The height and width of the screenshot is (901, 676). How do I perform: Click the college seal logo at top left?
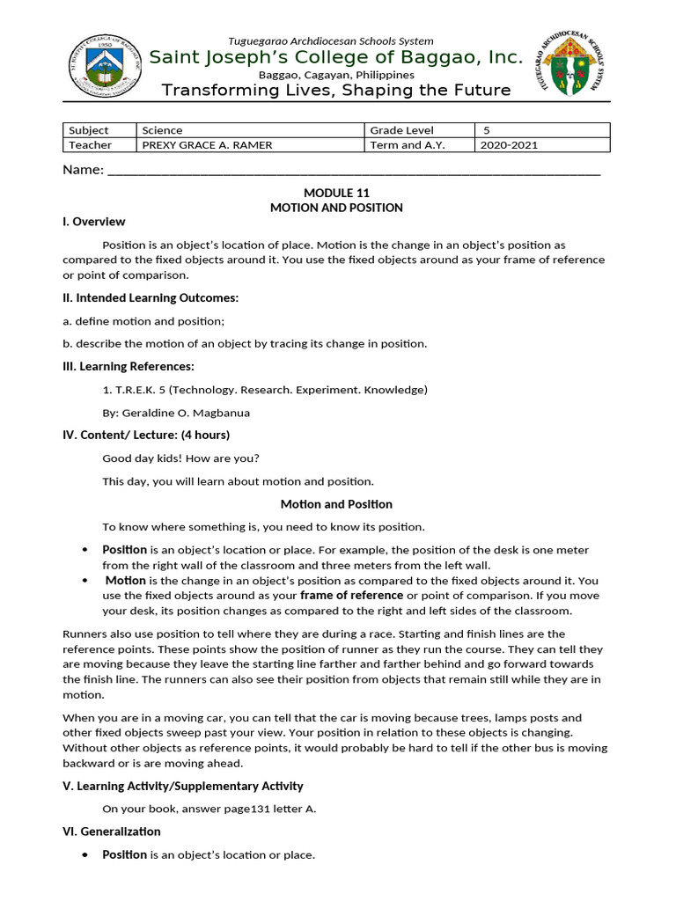pyautogui.click(x=106, y=67)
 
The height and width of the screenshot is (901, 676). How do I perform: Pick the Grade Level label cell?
pyautogui.click(x=401, y=130)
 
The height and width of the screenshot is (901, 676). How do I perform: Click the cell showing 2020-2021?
pyautogui.click(x=509, y=145)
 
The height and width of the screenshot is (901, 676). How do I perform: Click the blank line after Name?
pyautogui.click(x=352, y=171)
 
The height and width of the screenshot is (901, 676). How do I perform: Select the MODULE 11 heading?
pyautogui.click(x=335, y=193)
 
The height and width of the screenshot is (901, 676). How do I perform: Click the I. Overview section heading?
pyautogui.click(x=93, y=222)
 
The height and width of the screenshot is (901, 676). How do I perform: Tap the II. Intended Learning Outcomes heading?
pyautogui.click(x=151, y=298)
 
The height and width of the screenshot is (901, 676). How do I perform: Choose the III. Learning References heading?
pyautogui.click(x=129, y=366)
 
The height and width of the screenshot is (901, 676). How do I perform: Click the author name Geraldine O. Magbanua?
pyautogui.click(x=177, y=412)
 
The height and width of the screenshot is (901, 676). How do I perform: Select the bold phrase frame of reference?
pyautogui.click(x=352, y=595)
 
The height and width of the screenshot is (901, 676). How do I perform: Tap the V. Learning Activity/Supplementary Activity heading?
pyautogui.click(x=183, y=786)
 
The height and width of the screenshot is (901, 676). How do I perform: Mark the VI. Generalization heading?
pyautogui.click(x=111, y=831)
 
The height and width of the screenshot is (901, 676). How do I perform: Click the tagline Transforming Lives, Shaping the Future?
pyautogui.click(x=335, y=91)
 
